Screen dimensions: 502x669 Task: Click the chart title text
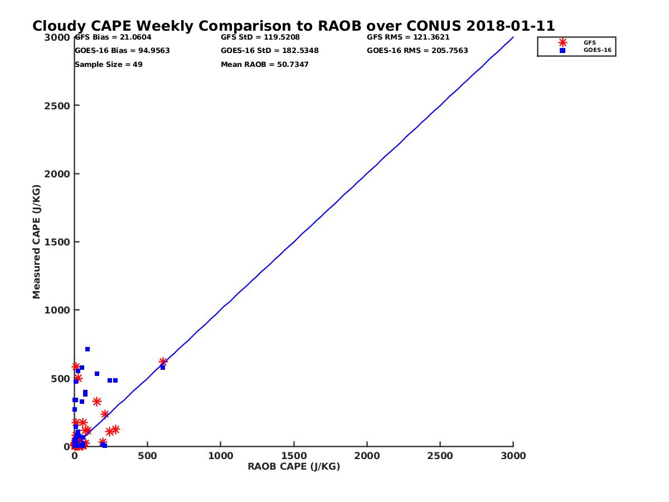click(x=293, y=26)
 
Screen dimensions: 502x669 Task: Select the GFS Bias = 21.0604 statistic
click(x=113, y=37)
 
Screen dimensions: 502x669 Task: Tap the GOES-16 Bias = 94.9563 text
click(x=122, y=51)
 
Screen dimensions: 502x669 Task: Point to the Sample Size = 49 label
click(x=109, y=65)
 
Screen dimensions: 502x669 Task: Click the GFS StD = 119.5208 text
click(x=260, y=37)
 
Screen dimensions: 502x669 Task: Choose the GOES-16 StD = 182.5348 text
click(x=270, y=51)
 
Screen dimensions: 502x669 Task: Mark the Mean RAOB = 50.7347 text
click(x=265, y=65)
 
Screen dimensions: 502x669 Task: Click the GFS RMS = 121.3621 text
click(x=408, y=37)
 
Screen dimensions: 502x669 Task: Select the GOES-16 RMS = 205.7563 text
click(x=418, y=51)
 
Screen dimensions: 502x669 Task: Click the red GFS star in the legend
click(x=563, y=42)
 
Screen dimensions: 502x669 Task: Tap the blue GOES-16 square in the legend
click(x=563, y=50)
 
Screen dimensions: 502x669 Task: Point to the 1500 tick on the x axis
click(x=294, y=456)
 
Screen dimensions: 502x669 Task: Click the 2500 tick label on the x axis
click(x=440, y=456)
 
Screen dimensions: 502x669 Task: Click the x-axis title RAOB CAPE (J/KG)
click(x=294, y=466)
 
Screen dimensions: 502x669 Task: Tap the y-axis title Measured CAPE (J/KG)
click(x=37, y=242)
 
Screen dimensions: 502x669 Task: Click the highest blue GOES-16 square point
click(x=88, y=349)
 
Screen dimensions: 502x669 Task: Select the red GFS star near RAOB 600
click(x=163, y=362)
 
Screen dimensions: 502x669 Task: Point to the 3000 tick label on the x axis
click(x=513, y=456)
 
